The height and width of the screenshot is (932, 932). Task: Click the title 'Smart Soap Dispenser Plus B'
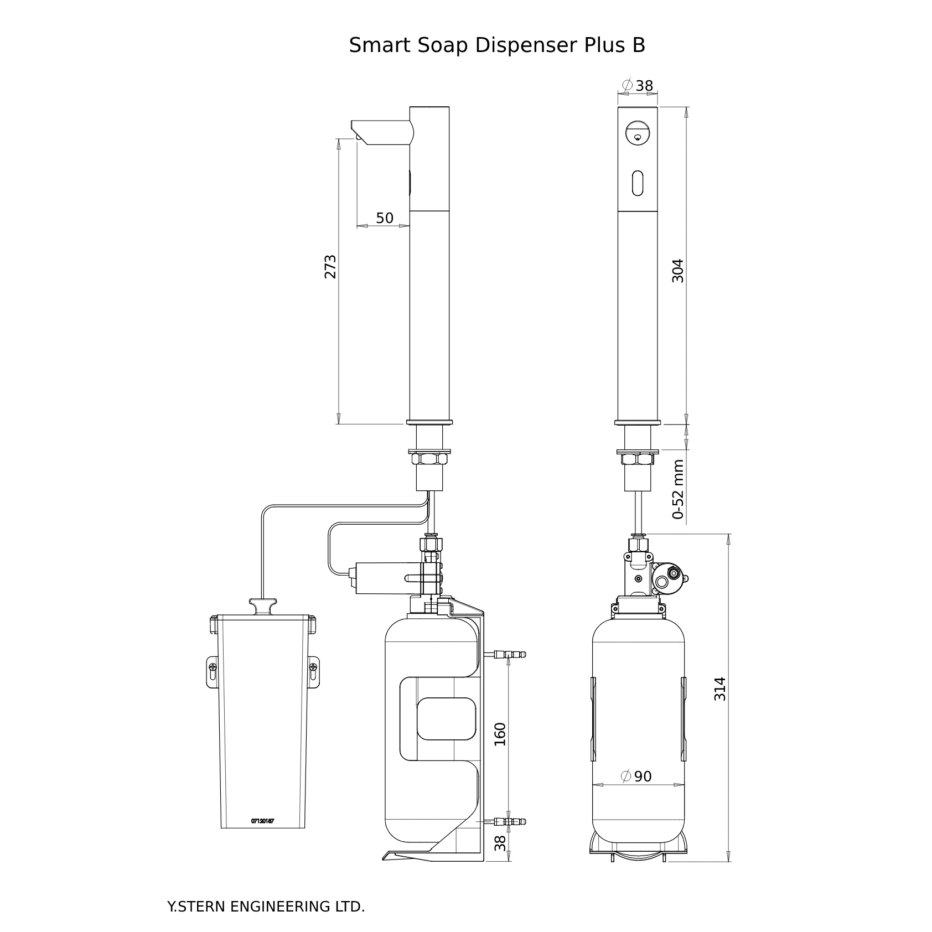(496, 45)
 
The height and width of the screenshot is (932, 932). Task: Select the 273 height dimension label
(330, 267)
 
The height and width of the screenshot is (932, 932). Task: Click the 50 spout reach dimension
(385, 218)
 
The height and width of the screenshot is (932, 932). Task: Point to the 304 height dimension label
(678, 271)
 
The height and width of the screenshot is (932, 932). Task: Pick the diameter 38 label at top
(638, 86)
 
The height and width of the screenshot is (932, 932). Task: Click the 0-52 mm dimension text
(679, 489)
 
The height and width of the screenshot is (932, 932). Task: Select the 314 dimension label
(719, 689)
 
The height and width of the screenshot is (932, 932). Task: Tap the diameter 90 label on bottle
(637, 776)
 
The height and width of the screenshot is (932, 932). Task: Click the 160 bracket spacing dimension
(500, 734)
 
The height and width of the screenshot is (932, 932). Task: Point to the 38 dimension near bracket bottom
(500, 843)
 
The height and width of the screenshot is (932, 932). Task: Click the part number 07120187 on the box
(262, 821)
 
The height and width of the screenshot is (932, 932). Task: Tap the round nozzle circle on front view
(637, 133)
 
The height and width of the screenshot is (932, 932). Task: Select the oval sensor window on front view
(638, 182)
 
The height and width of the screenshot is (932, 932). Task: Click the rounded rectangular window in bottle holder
(446, 719)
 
